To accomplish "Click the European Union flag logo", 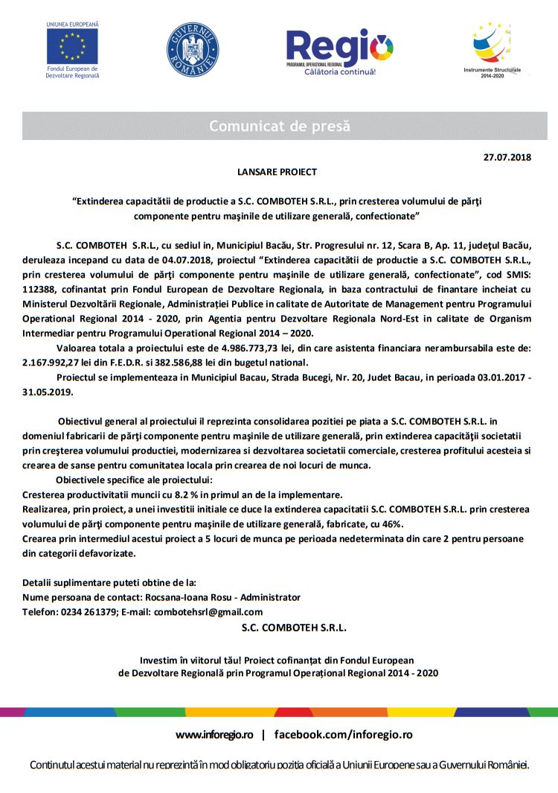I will (72, 46).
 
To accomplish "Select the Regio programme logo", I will (340, 51).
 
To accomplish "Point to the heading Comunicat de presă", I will (279, 126).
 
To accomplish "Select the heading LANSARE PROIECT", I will (277, 172).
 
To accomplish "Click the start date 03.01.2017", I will (489, 378).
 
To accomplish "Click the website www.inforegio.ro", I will (214, 735).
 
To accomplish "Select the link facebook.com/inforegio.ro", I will (343, 735).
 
